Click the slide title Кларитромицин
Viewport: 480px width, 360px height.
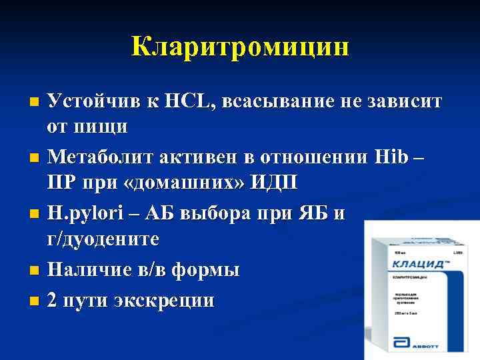pyautogui.click(x=240, y=47)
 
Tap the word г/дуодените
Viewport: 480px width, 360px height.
pyautogui.click(x=113, y=238)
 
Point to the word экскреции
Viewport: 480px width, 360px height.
pyautogui.click(x=162, y=301)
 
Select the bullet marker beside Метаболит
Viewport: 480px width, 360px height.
pyautogui.click(x=35, y=159)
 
